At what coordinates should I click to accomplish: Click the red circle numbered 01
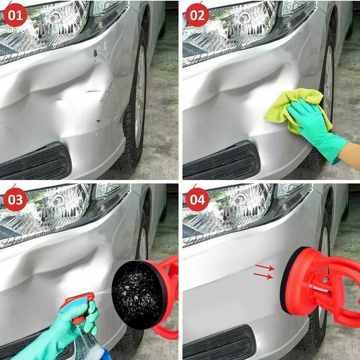coord(15,15)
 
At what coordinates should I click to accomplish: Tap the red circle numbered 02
coord(197,15)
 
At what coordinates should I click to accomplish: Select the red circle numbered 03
coord(15,199)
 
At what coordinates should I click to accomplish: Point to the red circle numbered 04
coord(197,199)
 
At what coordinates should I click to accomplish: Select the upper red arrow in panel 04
coord(265,267)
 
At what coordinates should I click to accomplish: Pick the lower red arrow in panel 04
coord(263,276)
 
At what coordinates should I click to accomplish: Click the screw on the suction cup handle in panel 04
coord(324,280)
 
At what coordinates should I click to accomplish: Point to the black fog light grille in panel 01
coord(34,162)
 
